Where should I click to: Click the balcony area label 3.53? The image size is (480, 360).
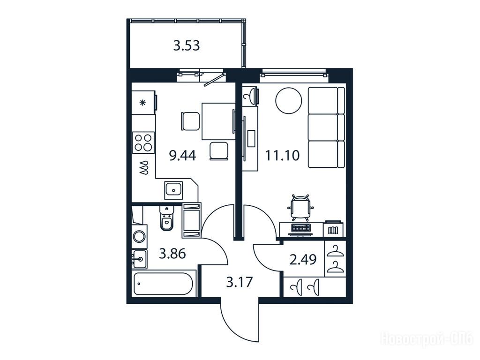point(187,45)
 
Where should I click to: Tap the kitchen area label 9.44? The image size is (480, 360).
point(183,156)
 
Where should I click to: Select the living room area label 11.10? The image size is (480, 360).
point(282,156)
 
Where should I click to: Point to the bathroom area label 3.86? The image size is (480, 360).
point(172,254)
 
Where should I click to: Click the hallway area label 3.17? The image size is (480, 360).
point(240,282)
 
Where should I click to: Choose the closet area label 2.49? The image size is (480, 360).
point(303,260)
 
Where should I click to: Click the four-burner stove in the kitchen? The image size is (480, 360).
point(143,142)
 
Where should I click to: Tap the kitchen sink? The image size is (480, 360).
point(173,190)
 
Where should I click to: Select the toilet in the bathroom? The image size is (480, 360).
point(166,218)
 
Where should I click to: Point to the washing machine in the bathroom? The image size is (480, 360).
point(140,237)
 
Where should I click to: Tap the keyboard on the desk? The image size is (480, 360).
point(301,227)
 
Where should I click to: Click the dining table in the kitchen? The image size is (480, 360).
point(218,121)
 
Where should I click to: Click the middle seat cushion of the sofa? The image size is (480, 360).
point(326,127)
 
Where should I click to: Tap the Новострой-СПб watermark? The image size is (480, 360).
point(427,339)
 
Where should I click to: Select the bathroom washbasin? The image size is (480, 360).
point(140,259)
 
